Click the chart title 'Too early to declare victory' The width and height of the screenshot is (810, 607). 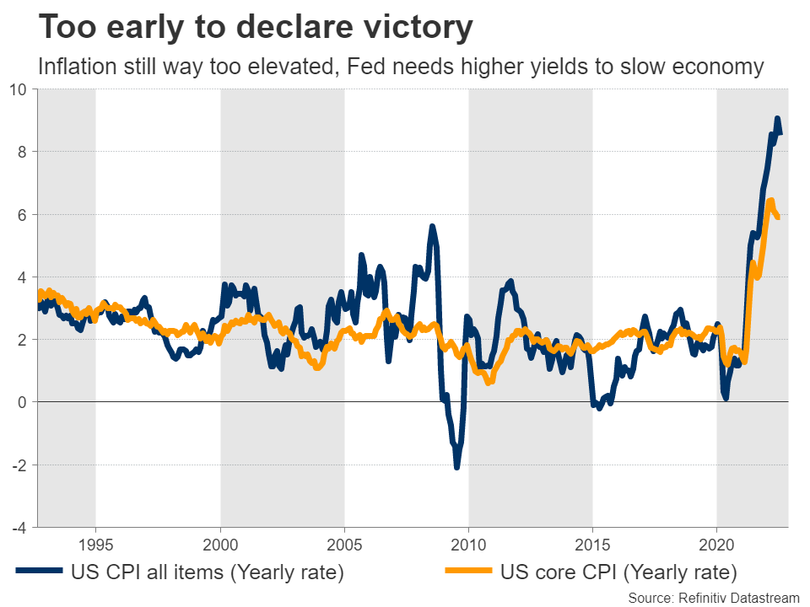pyautogui.click(x=256, y=28)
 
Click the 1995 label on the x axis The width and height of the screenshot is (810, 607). pyautogui.click(x=96, y=540)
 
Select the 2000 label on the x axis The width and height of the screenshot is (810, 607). pyautogui.click(x=220, y=540)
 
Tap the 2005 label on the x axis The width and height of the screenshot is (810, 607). pyautogui.click(x=344, y=540)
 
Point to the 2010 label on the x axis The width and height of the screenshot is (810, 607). pyautogui.click(x=468, y=540)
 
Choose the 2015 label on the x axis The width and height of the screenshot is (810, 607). pyautogui.click(x=592, y=540)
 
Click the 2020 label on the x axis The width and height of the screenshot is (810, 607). pyautogui.click(x=716, y=540)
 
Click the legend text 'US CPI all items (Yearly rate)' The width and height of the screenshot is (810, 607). pyautogui.click(x=209, y=573)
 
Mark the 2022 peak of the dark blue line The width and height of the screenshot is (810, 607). pyautogui.click(x=777, y=119)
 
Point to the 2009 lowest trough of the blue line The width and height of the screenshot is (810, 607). pyautogui.click(x=456, y=466)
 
